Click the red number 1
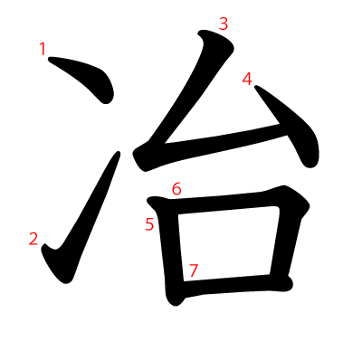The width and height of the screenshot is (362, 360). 43,49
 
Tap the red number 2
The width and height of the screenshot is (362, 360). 33,239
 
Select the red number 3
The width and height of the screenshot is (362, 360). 224,24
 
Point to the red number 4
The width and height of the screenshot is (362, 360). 247,80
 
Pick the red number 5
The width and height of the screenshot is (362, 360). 149,224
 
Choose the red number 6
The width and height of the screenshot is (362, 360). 176,189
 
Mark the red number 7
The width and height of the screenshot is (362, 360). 193,270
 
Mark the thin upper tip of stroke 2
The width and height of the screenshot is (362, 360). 117,156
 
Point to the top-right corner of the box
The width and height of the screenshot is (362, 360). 288,195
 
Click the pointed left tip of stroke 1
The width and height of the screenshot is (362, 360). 51,61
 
